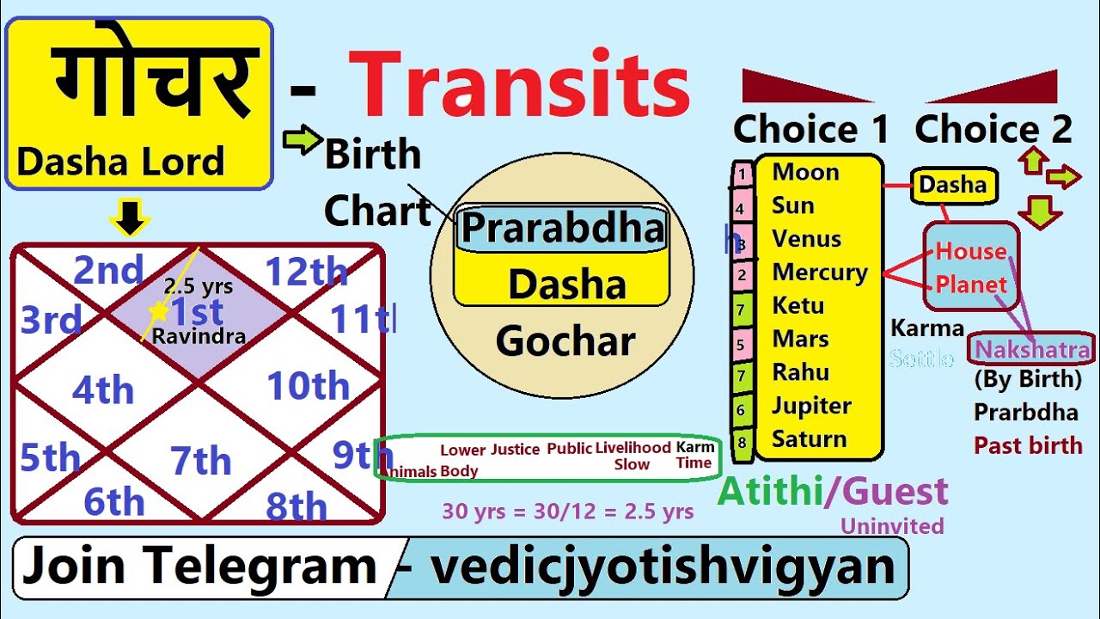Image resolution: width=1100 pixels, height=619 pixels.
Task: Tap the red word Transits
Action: point(520,86)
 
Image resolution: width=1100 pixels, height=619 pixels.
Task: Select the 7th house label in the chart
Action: point(200,462)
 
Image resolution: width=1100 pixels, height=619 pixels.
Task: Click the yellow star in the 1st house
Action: point(158,310)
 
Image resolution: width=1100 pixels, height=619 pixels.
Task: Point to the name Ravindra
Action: point(199,336)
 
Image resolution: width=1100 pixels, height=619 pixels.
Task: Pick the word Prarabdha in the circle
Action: point(563,229)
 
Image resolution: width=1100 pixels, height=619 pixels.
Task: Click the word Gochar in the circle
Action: point(565,342)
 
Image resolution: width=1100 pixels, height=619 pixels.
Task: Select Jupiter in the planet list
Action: point(811,406)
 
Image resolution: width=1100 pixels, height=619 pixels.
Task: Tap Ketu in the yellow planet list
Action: point(797,305)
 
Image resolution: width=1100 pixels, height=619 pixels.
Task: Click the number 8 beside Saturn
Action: point(742,444)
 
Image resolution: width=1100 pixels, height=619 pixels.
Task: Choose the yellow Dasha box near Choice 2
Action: point(952,185)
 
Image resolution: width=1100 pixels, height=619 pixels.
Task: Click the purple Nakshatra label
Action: point(1032,350)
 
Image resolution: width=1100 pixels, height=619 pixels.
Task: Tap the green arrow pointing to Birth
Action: point(301,141)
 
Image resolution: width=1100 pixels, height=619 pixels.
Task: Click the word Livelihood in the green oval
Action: point(632,448)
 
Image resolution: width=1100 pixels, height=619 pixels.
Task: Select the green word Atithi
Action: point(770,492)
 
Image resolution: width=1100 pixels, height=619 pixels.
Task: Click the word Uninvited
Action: point(892,526)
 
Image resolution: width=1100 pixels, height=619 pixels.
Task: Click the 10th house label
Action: point(309,387)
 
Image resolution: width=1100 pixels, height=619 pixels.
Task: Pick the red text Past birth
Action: point(1028,445)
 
